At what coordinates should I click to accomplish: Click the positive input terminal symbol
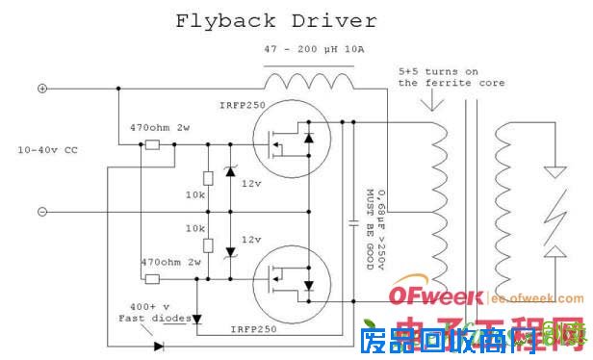41,89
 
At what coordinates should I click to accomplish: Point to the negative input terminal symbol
41,211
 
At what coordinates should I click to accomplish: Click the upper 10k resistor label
195,195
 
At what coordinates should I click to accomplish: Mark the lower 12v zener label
250,238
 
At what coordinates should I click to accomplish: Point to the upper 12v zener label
250,184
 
